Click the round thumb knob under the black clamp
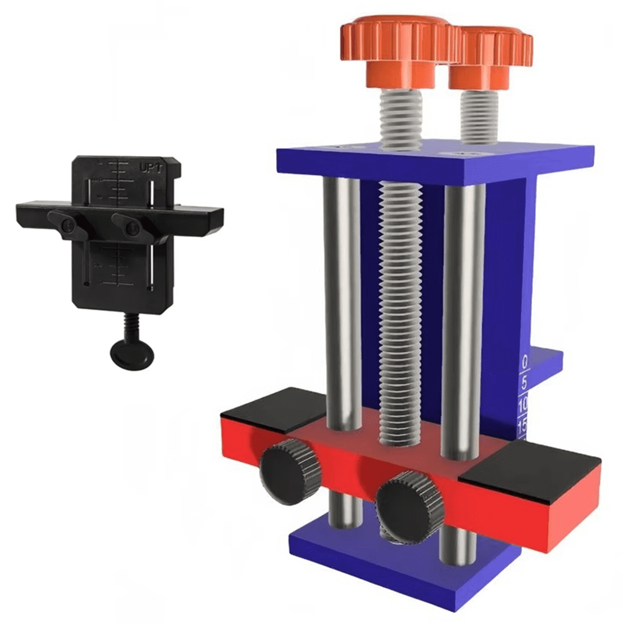point(132,356)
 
